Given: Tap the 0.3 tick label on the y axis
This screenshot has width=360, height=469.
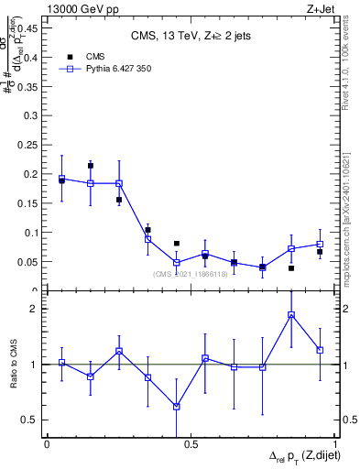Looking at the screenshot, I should click(31, 115).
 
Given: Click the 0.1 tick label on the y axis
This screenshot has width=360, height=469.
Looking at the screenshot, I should click(31, 233).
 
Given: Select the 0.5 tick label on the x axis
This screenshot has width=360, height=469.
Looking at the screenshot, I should click(191, 444).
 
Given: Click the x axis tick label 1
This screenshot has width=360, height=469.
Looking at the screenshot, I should click(335, 444).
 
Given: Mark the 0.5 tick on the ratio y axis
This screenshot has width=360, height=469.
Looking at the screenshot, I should click(31, 420).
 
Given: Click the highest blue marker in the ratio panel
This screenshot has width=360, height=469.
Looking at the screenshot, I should click(291, 315).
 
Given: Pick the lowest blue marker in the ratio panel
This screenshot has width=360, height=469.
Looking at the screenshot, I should click(177, 407).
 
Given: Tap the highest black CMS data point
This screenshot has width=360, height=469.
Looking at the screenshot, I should click(90, 166).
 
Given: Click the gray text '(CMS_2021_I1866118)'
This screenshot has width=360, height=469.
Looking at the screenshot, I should click(191, 273).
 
